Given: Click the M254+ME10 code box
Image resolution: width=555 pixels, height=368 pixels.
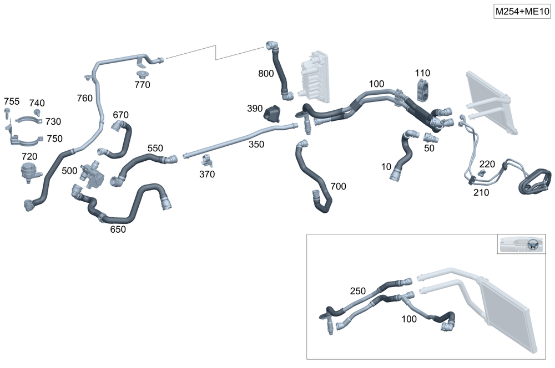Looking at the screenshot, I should coord(522,12).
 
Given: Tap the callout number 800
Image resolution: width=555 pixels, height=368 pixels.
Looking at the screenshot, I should coord(266,73).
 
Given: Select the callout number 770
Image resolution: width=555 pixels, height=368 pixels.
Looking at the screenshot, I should coord(142,85).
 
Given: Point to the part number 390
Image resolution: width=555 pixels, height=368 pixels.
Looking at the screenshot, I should coord(255,109).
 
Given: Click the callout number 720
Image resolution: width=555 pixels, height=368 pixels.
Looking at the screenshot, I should coord(29,157).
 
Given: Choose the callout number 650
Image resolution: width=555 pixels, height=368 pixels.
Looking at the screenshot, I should coord(118,229).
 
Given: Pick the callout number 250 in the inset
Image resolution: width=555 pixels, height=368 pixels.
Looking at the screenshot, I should coord(358,291).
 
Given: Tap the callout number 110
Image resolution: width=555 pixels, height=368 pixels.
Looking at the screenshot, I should coord(422,73).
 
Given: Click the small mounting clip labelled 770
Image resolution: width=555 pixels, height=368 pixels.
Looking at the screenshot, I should coord(142,74).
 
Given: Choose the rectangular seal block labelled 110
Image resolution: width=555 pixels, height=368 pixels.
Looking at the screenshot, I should coord(423,89).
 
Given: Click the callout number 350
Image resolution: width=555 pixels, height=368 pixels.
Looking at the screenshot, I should coord(256,145).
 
